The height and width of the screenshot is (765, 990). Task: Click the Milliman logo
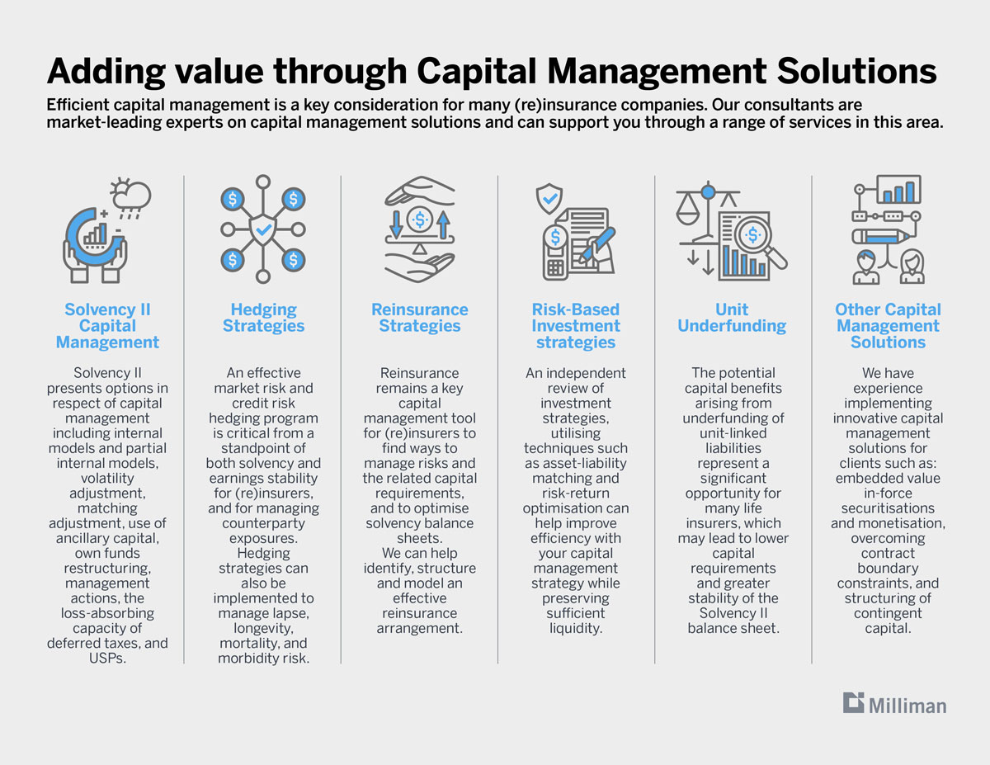[x=894, y=703]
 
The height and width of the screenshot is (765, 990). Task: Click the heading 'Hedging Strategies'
[x=263, y=318]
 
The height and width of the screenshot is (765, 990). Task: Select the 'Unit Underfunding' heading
[x=732, y=318]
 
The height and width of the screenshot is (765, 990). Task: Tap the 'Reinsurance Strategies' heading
[x=420, y=318]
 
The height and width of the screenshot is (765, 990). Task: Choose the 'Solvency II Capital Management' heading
[x=107, y=326]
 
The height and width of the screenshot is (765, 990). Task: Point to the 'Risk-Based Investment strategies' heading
[x=576, y=326]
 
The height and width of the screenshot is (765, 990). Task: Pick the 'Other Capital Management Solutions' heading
[x=888, y=326]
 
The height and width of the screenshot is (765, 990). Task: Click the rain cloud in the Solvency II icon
[x=131, y=198]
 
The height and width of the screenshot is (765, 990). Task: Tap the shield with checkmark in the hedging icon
[x=263, y=229]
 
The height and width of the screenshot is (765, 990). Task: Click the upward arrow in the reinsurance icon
[x=443, y=224]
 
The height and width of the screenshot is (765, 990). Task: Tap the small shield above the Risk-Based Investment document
[x=549, y=198]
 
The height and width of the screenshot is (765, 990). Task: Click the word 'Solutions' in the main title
[x=857, y=72]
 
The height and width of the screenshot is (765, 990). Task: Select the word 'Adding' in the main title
[x=106, y=72]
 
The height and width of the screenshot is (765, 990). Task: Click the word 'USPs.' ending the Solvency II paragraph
[x=107, y=658]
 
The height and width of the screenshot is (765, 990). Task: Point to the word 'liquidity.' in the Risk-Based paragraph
[x=576, y=628]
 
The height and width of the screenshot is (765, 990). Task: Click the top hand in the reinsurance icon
[x=420, y=191]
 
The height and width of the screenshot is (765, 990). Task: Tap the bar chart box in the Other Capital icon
[x=899, y=189]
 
